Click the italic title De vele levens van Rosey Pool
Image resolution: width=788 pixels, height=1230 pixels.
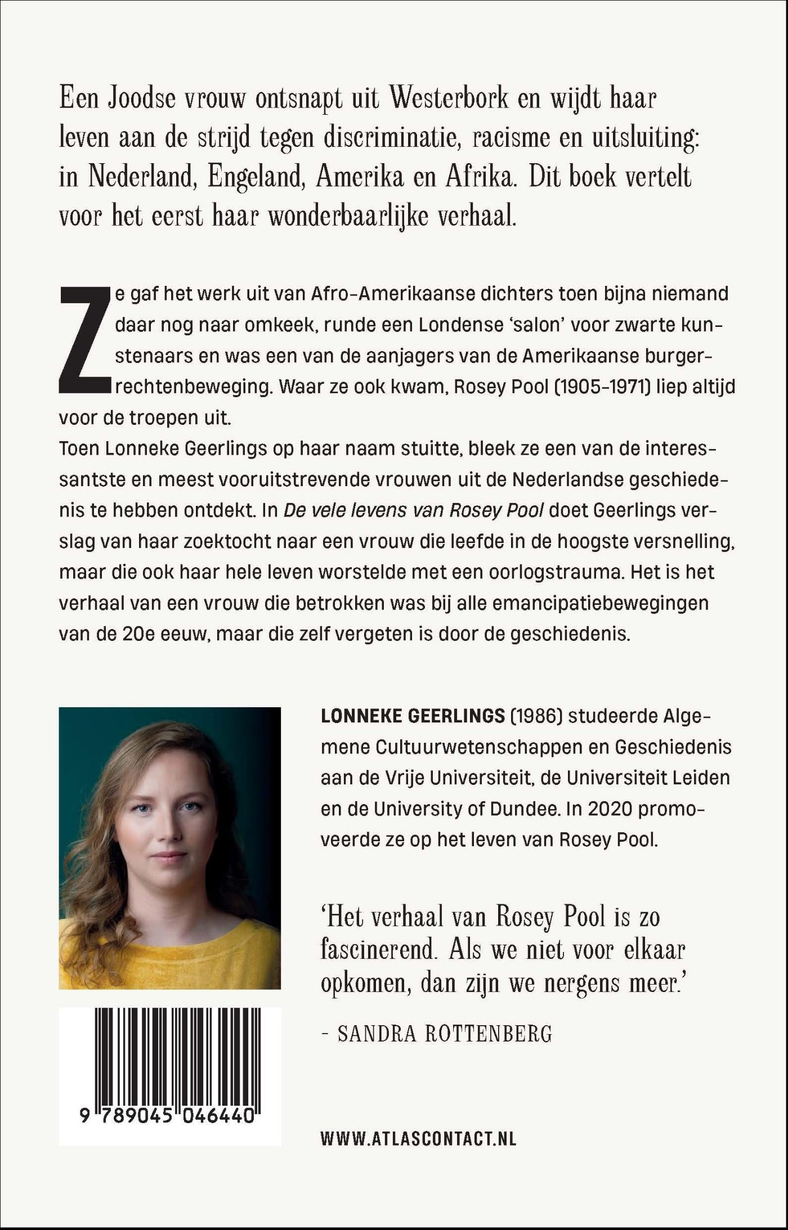tap(414, 510)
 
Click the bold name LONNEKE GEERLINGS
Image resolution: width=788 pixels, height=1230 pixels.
tap(412, 716)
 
